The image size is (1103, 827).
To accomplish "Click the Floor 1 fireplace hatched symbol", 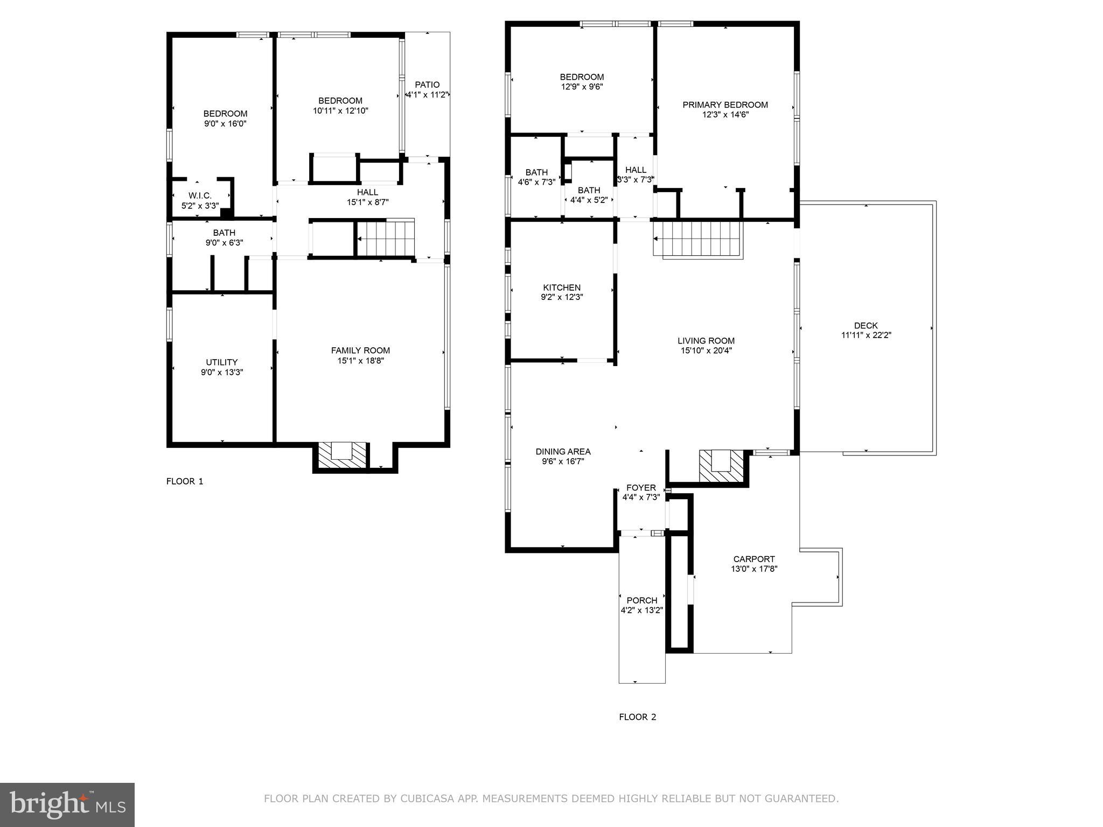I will [341, 455].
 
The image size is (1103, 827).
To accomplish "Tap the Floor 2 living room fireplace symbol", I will [721, 466].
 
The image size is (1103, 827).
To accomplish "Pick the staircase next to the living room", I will [698, 239].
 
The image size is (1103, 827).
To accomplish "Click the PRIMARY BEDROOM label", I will [725, 104].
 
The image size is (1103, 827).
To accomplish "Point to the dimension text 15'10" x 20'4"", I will [706, 351].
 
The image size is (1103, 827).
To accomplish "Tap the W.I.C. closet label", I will [200, 195].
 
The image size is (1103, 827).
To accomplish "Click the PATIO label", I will [427, 85].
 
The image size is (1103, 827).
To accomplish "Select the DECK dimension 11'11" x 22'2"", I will [866, 335].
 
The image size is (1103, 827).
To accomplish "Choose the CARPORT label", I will [754, 559].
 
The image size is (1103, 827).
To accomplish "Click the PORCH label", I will [641, 600].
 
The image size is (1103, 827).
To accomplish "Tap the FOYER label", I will [641, 488].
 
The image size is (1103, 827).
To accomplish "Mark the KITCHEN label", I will [562, 288].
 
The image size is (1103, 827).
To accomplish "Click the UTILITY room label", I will [221, 362].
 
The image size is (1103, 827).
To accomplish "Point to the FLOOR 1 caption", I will [185, 481].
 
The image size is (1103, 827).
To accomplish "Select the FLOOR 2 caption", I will [637, 717].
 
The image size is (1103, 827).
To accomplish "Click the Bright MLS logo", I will [67, 805].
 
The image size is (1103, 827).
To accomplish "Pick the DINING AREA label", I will [563, 452].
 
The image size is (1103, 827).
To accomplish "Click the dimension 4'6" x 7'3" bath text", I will [536, 182].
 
